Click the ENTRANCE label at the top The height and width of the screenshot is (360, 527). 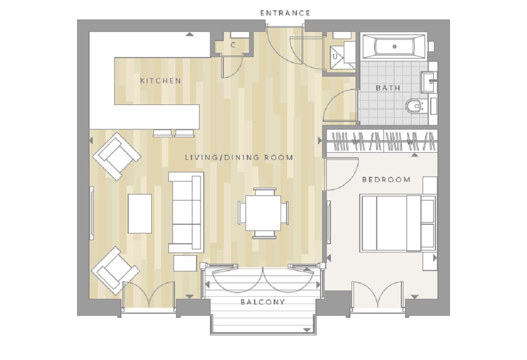(285, 13)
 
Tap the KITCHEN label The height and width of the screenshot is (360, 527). (161, 81)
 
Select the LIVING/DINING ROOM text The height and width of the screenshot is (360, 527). (239, 157)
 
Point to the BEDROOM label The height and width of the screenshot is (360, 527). (386, 179)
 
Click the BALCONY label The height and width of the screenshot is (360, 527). (263, 302)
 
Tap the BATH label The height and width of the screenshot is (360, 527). (388, 88)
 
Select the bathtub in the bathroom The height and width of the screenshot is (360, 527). (394, 46)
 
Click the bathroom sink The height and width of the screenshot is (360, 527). (429, 82)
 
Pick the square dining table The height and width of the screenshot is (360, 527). (263, 213)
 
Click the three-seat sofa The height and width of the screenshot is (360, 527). (186, 212)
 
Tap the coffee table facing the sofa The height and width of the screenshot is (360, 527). (139, 213)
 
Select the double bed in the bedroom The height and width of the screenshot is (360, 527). (398, 223)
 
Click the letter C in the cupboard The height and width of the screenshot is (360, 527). (233, 45)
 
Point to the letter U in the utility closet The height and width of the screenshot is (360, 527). (335, 57)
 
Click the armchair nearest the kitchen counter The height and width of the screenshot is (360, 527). (117, 156)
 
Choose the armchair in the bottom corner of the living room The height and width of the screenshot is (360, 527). (115, 271)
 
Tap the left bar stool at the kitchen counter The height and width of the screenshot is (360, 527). (163, 133)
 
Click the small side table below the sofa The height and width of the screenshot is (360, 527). (185, 263)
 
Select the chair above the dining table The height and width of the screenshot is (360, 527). (265, 192)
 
